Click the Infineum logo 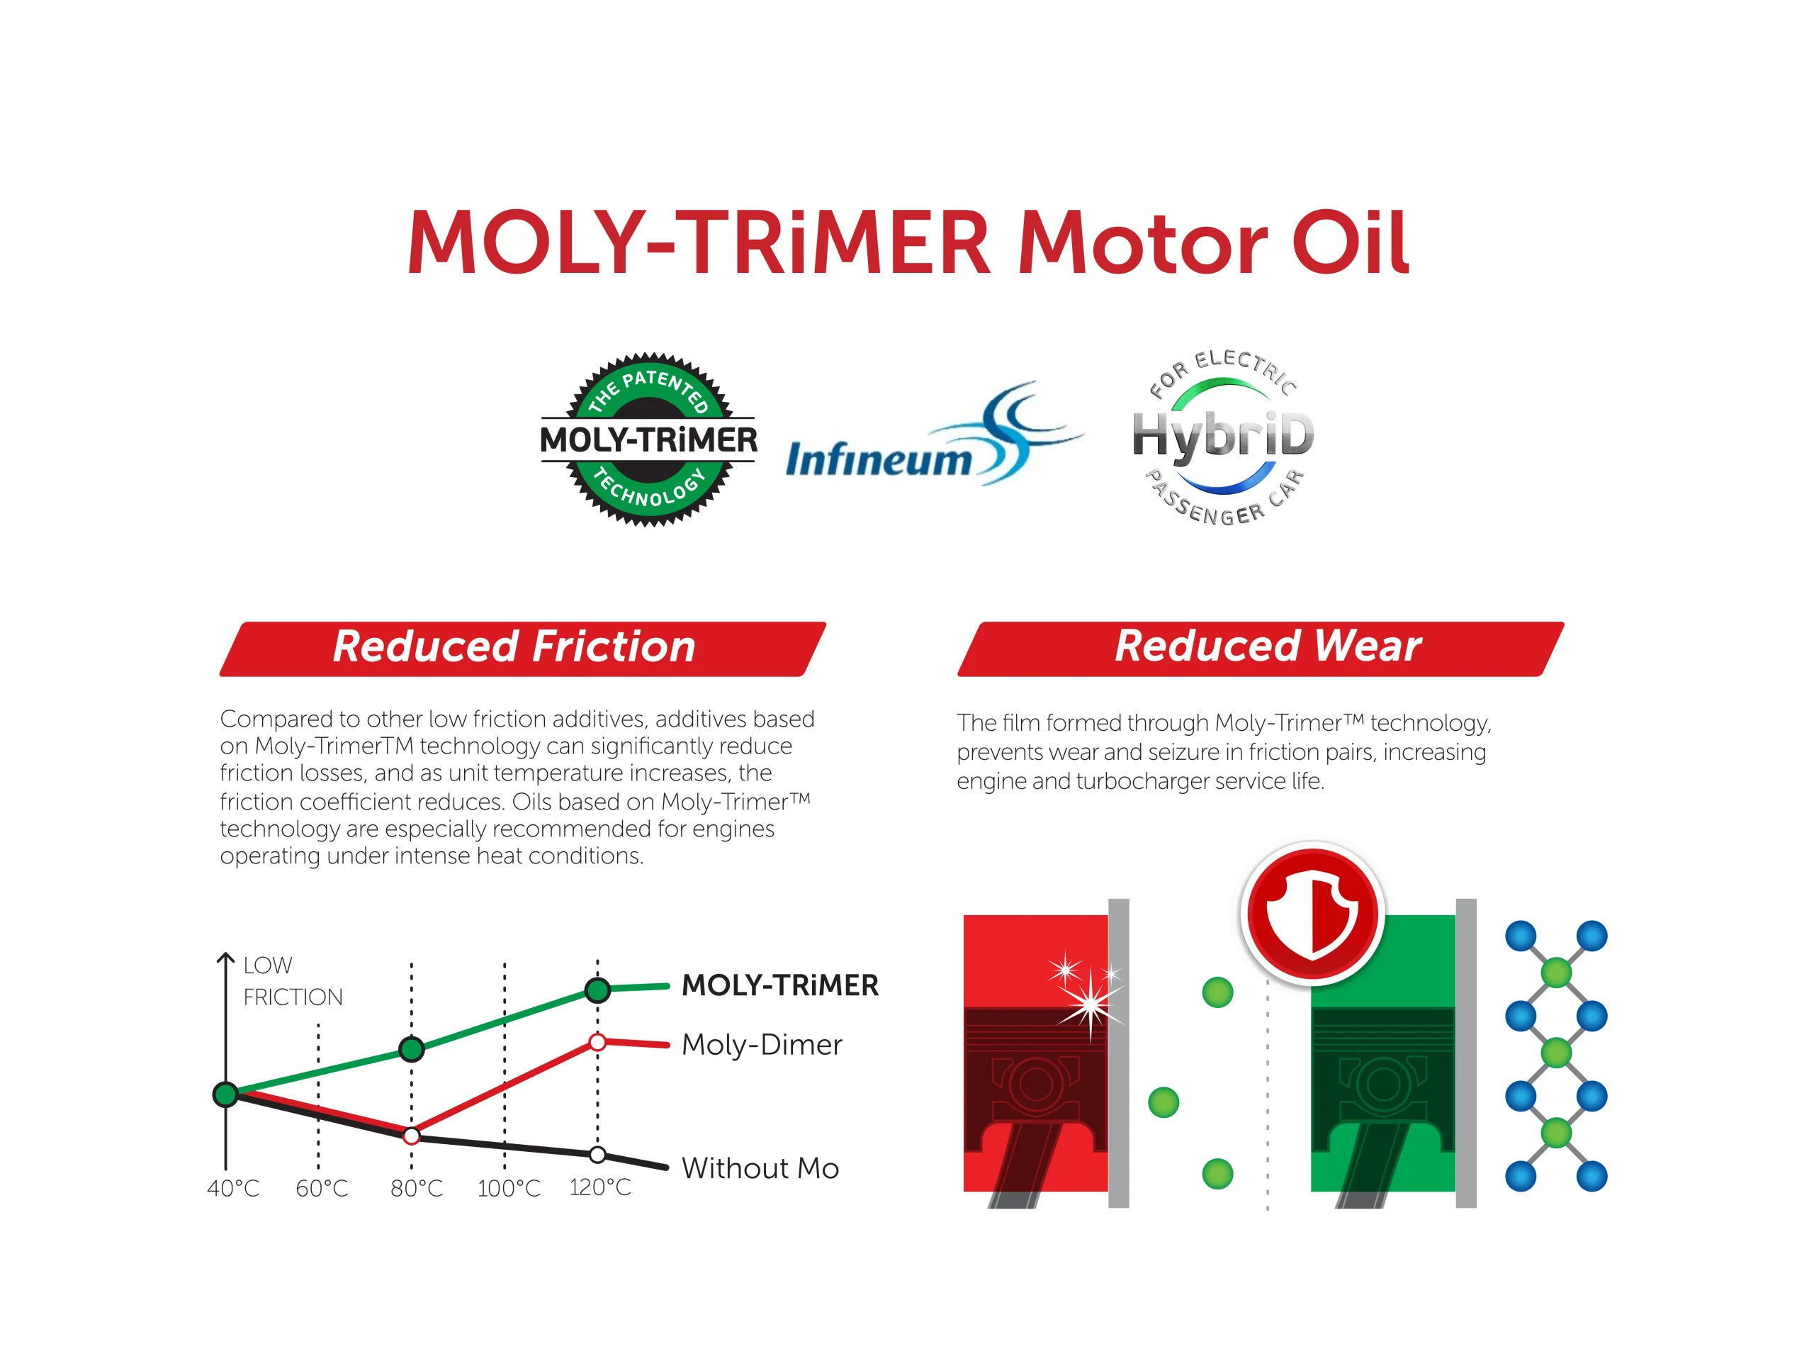pos(934,434)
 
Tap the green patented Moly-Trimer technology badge pos(648,439)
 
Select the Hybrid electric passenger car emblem pos(1224,437)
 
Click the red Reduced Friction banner pos(522,649)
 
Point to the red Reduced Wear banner pos(1261,649)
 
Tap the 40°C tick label pos(233,1188)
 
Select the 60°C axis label pos(322,1188)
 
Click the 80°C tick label pos(417,1188)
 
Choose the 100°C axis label pos(509,1188)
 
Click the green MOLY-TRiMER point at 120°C pos(598,990)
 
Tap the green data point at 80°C pos(412,1048)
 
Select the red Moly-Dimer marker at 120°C pos(598,1042)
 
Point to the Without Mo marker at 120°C pos(598,1155)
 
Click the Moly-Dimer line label pos(762,1044)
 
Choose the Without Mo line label pos(760,1167)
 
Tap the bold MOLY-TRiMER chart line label pos(780,985)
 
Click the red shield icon pos(1312,912)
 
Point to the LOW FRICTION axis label pos(293,981)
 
